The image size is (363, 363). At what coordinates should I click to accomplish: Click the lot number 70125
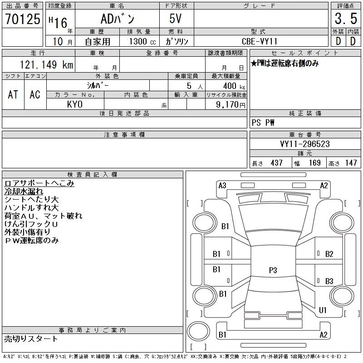pos(23,19)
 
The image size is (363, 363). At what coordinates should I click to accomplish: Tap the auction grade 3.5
pos(346,19)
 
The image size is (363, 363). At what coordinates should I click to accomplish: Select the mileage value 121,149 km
pos(46,64)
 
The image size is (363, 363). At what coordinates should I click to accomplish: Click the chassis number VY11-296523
pos(305,144)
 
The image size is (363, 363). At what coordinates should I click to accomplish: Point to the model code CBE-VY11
pos(260,41)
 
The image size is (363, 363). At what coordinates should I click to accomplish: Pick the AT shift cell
pos(13,94)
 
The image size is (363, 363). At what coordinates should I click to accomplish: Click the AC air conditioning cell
pos(35,94)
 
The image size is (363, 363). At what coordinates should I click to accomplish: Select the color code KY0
pos(75,104)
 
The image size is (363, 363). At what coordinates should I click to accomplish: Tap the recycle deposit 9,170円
pos(231,104)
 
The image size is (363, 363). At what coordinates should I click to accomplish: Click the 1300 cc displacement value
pos(142,41)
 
